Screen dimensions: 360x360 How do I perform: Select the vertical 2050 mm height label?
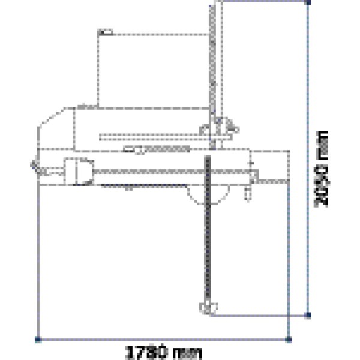pos(323,169)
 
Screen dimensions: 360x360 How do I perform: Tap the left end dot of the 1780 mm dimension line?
pos(37,340)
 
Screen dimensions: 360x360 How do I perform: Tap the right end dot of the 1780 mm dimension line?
pos(288,340)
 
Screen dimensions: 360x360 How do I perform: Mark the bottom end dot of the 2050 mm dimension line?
pos(308,314)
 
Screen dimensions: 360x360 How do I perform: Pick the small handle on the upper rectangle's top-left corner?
pos(105,31)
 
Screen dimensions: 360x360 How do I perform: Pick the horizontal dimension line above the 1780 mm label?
pos(162,340)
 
